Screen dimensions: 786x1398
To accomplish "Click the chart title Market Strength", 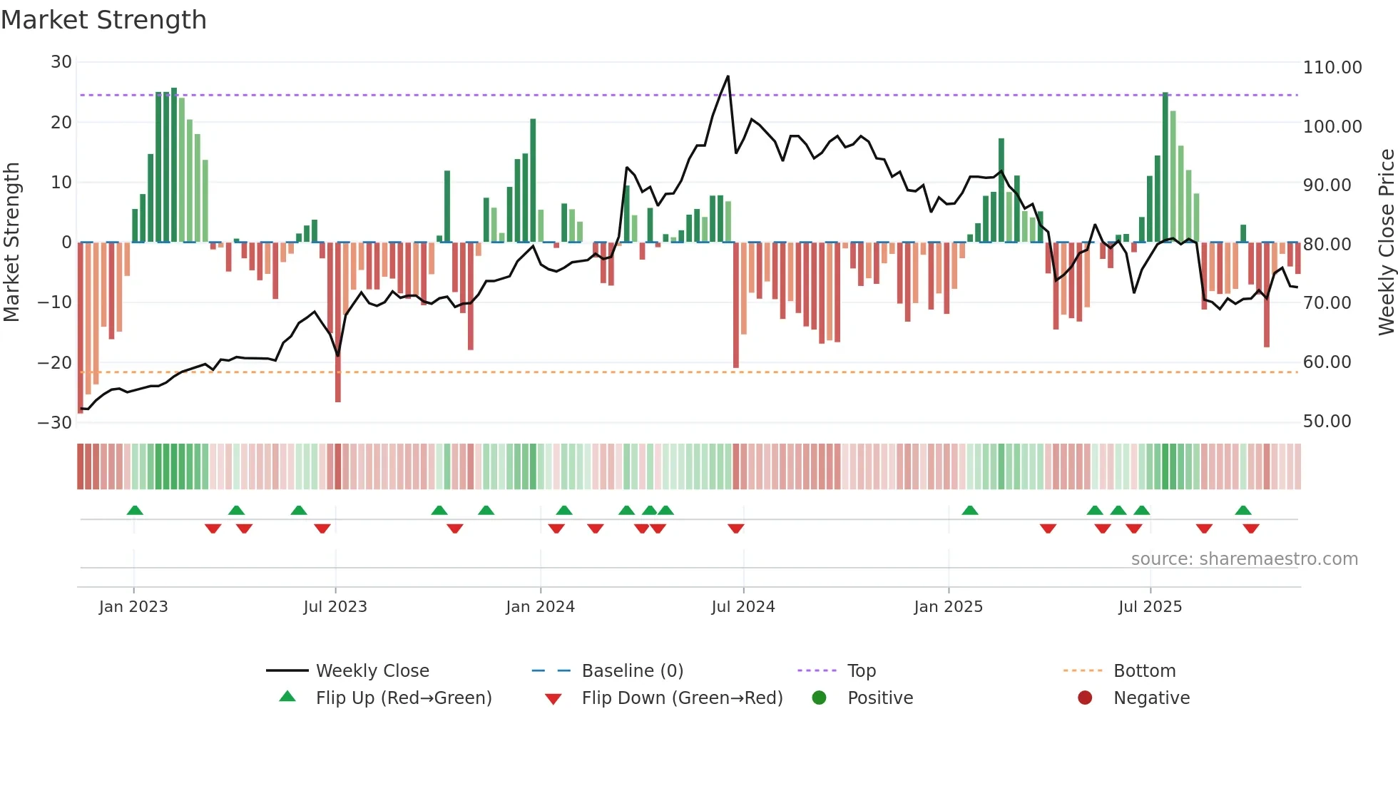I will click(x=103, y=20).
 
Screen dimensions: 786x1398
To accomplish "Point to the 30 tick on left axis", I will click(x=61, y=62).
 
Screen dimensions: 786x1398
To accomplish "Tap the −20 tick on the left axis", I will click(x=55, y=362).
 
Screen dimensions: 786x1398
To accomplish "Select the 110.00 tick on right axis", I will click(x=1332, y=68).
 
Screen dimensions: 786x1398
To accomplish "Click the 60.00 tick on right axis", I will click(x=1327, y=362).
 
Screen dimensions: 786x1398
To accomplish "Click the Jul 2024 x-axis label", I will click(x=743, y=607).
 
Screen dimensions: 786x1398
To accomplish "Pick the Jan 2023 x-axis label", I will click(x=133, y=607).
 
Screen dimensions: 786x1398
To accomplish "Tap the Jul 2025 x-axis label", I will click(x=1150, y=607).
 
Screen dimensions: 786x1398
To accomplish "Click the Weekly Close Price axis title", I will click(x=1386, y=243).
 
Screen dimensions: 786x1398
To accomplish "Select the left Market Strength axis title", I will click(x=12, y=243).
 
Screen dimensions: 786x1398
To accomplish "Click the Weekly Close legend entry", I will click(x=372, y=671).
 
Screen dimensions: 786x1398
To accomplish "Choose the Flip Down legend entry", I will click(x=681, y=698).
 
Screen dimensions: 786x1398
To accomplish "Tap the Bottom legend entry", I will click(x=1144, y=671).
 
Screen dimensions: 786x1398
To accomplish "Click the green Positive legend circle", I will click(x=819, y=698).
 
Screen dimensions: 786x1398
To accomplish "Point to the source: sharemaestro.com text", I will click(x=1244, y=559).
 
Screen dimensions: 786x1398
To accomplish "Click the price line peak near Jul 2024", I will click(x=728, y=76).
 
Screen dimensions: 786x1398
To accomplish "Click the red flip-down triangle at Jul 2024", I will click(x=736, y=529).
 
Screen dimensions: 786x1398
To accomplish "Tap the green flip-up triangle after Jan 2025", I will click(x=969, y=510).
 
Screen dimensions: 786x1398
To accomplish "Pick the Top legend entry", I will click(x=861, y=671).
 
